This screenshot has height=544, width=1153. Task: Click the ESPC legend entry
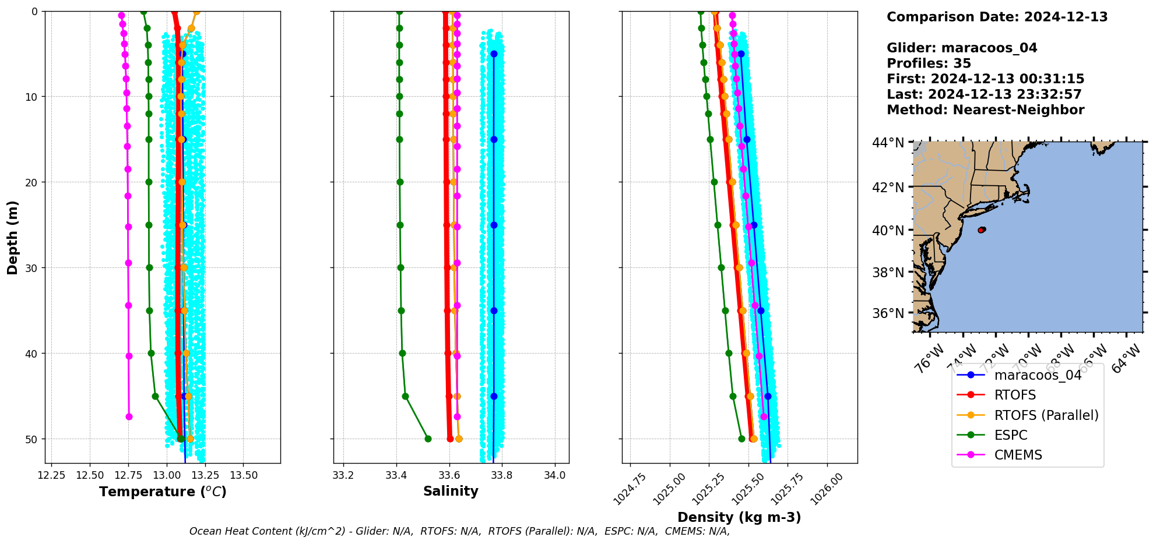[x=1011, y=435]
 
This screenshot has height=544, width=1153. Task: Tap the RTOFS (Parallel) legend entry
[x=1046, y=415]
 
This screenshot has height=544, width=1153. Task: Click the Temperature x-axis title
[x=163, y=492]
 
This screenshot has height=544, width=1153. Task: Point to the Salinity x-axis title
[x=451, y=491]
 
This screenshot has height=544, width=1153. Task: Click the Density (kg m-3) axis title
[x=739, y=517]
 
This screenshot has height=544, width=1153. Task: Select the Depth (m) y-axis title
[x=12, y=237]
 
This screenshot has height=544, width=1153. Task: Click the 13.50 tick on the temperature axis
[x=244, y=475]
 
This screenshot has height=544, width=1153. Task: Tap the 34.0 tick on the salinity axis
[x=554, y=475]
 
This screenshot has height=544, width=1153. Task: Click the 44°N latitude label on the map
[x=888, y=143]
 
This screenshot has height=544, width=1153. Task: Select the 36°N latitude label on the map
[x=888, y=313]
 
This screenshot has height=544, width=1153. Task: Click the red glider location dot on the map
[x=981, y=230]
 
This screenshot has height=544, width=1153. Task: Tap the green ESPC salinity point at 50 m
[x=428, y=439]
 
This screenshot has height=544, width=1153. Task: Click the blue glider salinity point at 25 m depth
[x=494, y=225]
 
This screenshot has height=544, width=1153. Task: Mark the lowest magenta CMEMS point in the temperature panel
[x=129, y=416]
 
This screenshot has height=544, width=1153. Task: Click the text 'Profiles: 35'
[x=929, y=63]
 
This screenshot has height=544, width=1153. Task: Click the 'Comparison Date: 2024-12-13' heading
[x=997, y=17]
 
